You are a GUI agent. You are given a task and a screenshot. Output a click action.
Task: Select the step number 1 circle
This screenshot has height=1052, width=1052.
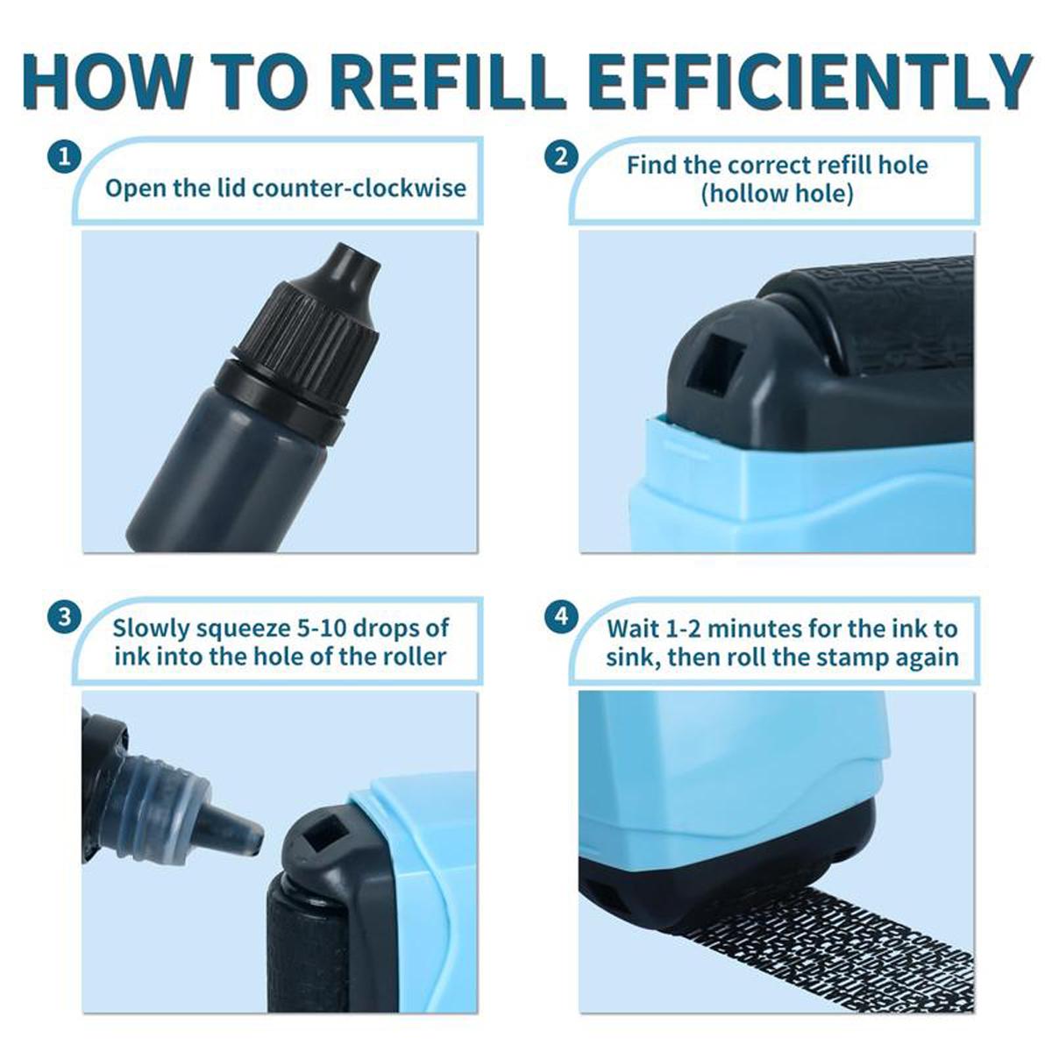point(64,158)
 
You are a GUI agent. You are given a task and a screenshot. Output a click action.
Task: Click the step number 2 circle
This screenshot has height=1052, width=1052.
point(561,158)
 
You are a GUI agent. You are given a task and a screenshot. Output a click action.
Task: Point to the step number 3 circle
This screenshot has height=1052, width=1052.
point(64,616)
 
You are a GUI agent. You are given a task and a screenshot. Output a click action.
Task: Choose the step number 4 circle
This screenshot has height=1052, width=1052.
point(561,616)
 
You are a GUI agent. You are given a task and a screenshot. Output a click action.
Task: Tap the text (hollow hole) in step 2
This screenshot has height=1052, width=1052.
point(777,194)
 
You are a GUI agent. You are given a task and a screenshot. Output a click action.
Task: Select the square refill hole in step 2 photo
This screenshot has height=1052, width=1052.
point(714,362)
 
